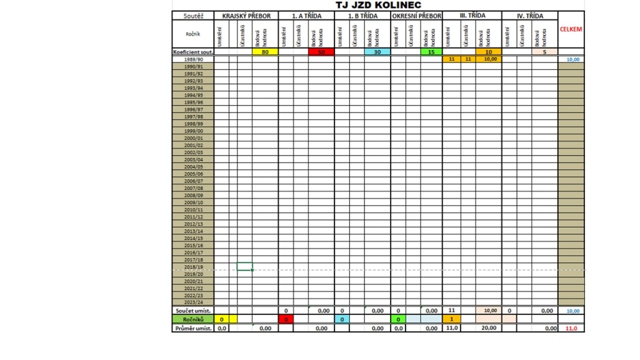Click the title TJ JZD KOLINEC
378,5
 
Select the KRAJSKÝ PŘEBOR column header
246,16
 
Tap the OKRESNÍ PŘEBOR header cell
416,16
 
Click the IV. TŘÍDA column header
530,16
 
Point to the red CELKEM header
571,29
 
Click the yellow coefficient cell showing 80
265,52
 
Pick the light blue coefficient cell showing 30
377,52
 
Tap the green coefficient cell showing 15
431,52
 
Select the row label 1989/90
193,59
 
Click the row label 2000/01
193,138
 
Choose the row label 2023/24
193,302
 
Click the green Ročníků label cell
193,319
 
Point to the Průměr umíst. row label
193,328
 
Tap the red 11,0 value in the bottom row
571,328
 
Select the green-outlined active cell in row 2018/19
245,267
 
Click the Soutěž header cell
193,16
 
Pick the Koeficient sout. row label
193,52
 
